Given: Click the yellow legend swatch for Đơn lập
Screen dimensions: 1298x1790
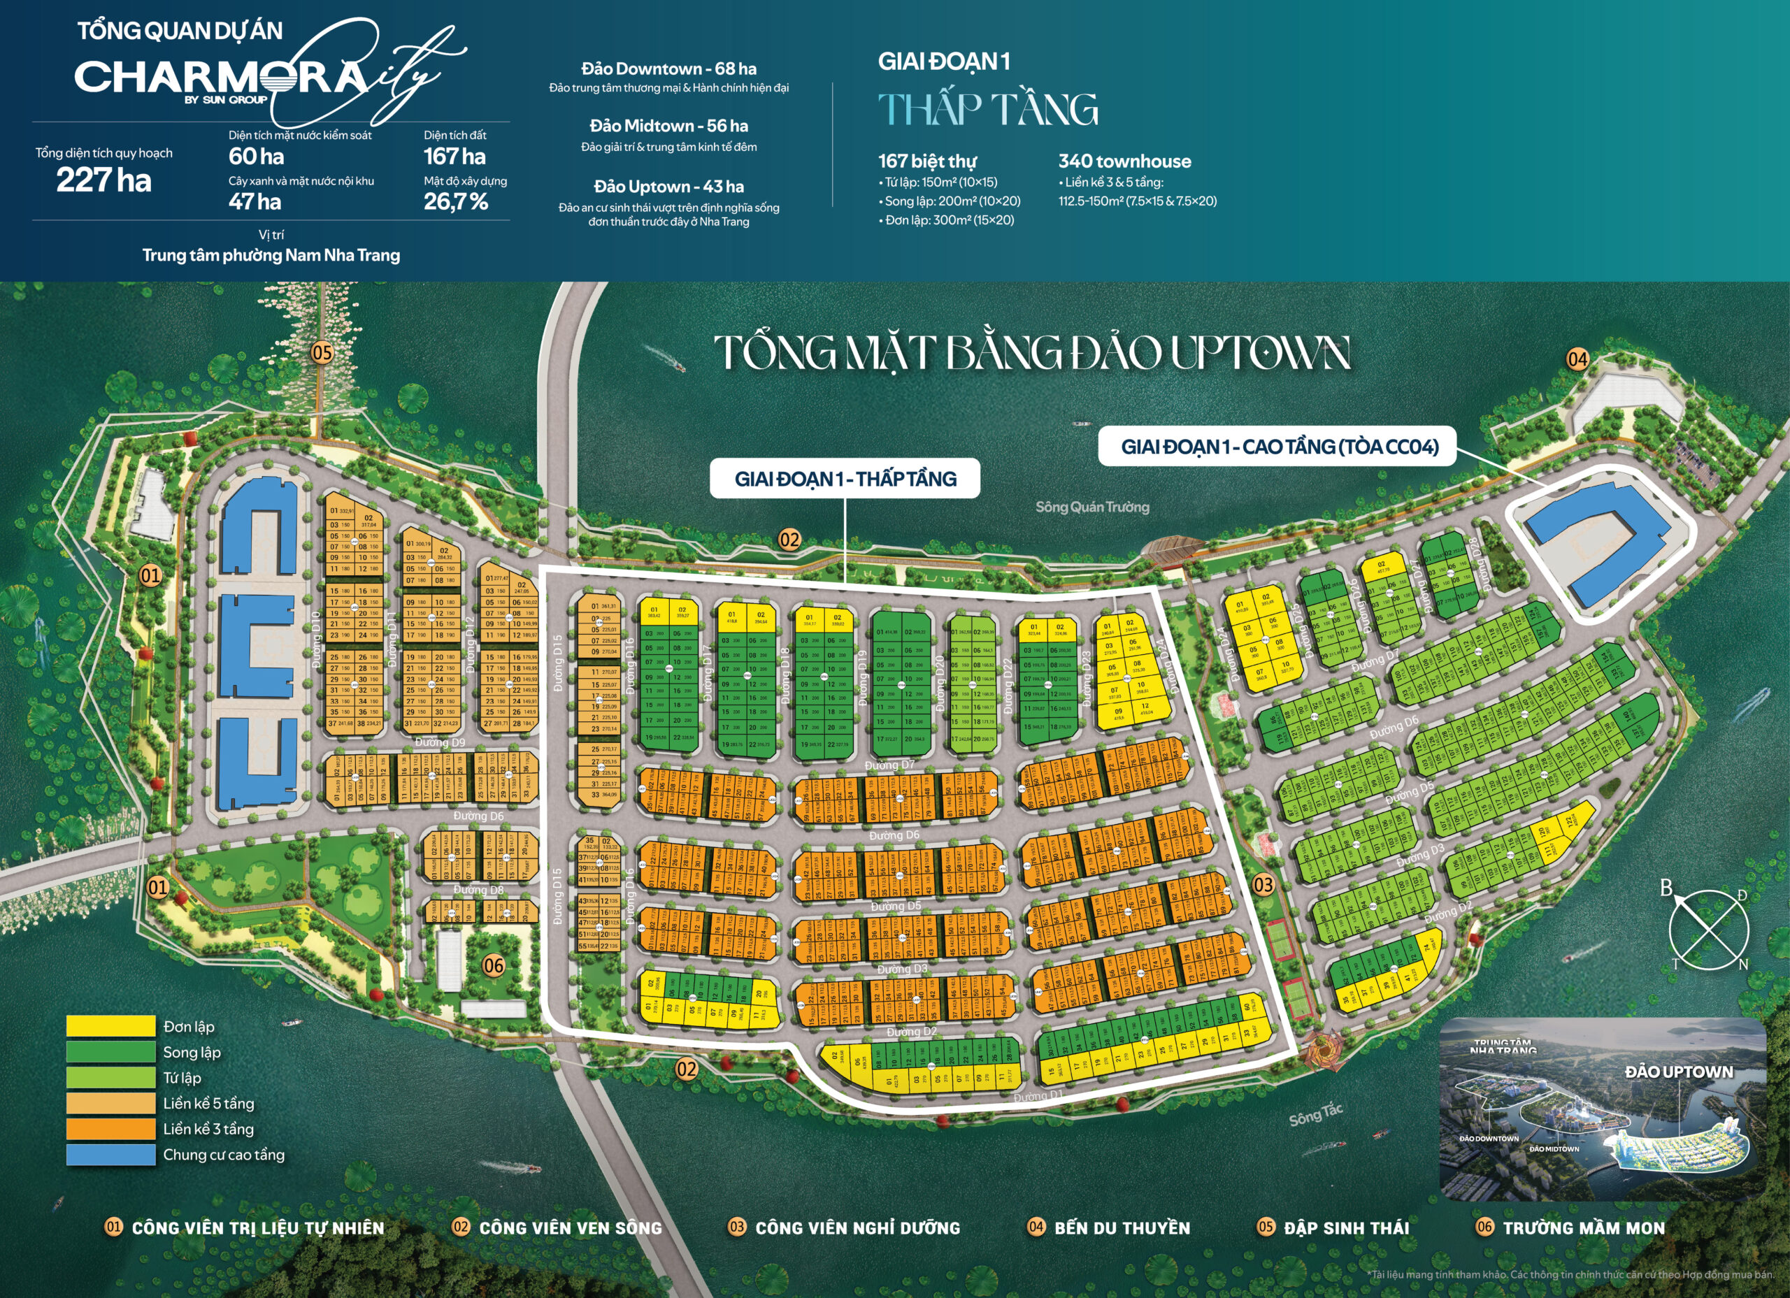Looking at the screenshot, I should [x=110, y=1026].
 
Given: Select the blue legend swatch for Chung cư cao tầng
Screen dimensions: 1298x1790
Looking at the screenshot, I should [x=110, y=1155].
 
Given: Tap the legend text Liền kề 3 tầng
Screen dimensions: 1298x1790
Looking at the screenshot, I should [x=208, y=1128].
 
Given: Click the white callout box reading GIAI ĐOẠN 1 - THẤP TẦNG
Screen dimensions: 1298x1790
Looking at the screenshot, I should [x=845, y=478].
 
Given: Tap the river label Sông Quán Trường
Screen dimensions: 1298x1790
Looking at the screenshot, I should [x=1091, y=507].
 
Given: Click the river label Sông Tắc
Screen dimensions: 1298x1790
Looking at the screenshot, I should [x=1316, y=1114].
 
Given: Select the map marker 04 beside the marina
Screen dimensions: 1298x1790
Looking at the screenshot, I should [x=1577, y=360].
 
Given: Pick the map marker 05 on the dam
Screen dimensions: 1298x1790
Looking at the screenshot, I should [x=322, y=353].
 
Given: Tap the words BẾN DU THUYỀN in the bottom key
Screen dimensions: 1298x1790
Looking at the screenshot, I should [x=1122, y=1228].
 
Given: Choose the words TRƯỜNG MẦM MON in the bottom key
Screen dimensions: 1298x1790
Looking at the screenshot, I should [x=1583, y=1228].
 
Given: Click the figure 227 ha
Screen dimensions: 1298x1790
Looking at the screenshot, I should [x=103, y=181].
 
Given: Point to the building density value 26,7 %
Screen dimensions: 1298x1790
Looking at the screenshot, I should [x=456, y=202].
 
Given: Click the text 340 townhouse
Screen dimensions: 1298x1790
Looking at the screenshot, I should [x=1124, y=161].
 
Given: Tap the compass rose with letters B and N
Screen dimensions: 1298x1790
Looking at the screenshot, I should [x=1709, y=930].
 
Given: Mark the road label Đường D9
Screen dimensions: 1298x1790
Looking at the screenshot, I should [x=441, y=742].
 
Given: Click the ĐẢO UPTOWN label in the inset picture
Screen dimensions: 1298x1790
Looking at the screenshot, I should [x=1679, y=1072].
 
